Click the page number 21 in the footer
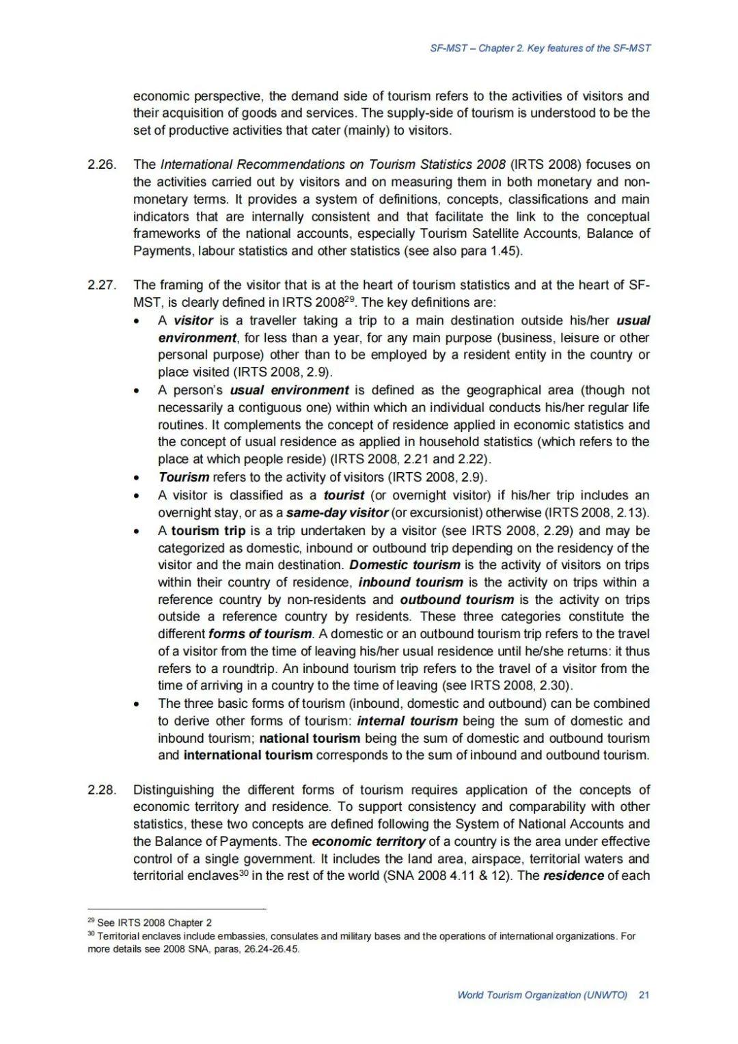[x=644, y=995]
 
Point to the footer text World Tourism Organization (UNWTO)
[x=542, y=995]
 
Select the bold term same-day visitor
[x=338, y=512]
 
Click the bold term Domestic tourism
[x=405, y=565]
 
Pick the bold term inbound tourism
[x=411, y=582]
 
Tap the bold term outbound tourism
[x=456, y=600]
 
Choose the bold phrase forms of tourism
[x=260, y=634]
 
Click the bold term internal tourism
[x=407, y=721]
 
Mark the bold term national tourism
[x=310, y=738]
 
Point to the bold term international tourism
[x=248, y=755]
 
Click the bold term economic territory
[x=368, y=842]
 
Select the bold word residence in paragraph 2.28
[x=573, y=876]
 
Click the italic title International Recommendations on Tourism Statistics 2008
[x=333, y=165]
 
